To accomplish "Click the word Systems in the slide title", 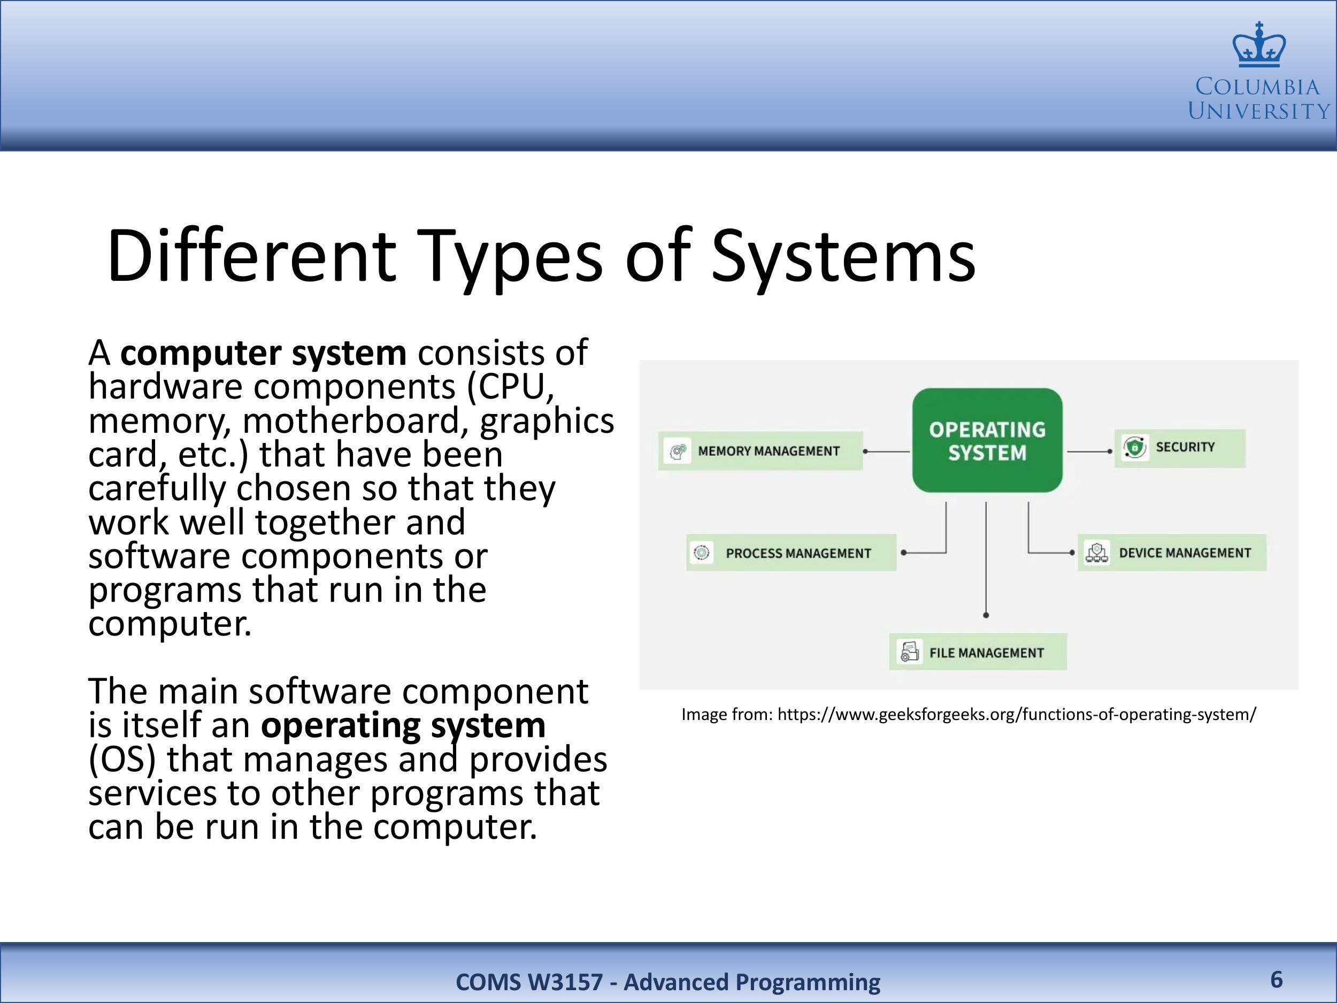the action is (x=843, y=256).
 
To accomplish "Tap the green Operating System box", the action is (x=987, y=440).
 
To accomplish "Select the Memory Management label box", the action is (x=760, y=451).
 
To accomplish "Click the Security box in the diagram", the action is (x=1180, y=448).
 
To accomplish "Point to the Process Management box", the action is (x=791, y=553).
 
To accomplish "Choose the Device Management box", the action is (x=1171, y=553).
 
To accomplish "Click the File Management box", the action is (x=978, y=652).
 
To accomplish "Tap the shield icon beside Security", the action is (x=1134, y=448).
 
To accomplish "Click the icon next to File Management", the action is (x=909, y=652).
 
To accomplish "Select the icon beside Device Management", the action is (x=1096, y=553).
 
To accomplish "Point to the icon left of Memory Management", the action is (x=677, y=451).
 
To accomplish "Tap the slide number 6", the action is (x=1277, y=979).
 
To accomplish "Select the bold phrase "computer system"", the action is (x=264, y=353).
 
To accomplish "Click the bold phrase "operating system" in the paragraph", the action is (x=403, y=725).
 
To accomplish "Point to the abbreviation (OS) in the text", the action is (x=122, y=760).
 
